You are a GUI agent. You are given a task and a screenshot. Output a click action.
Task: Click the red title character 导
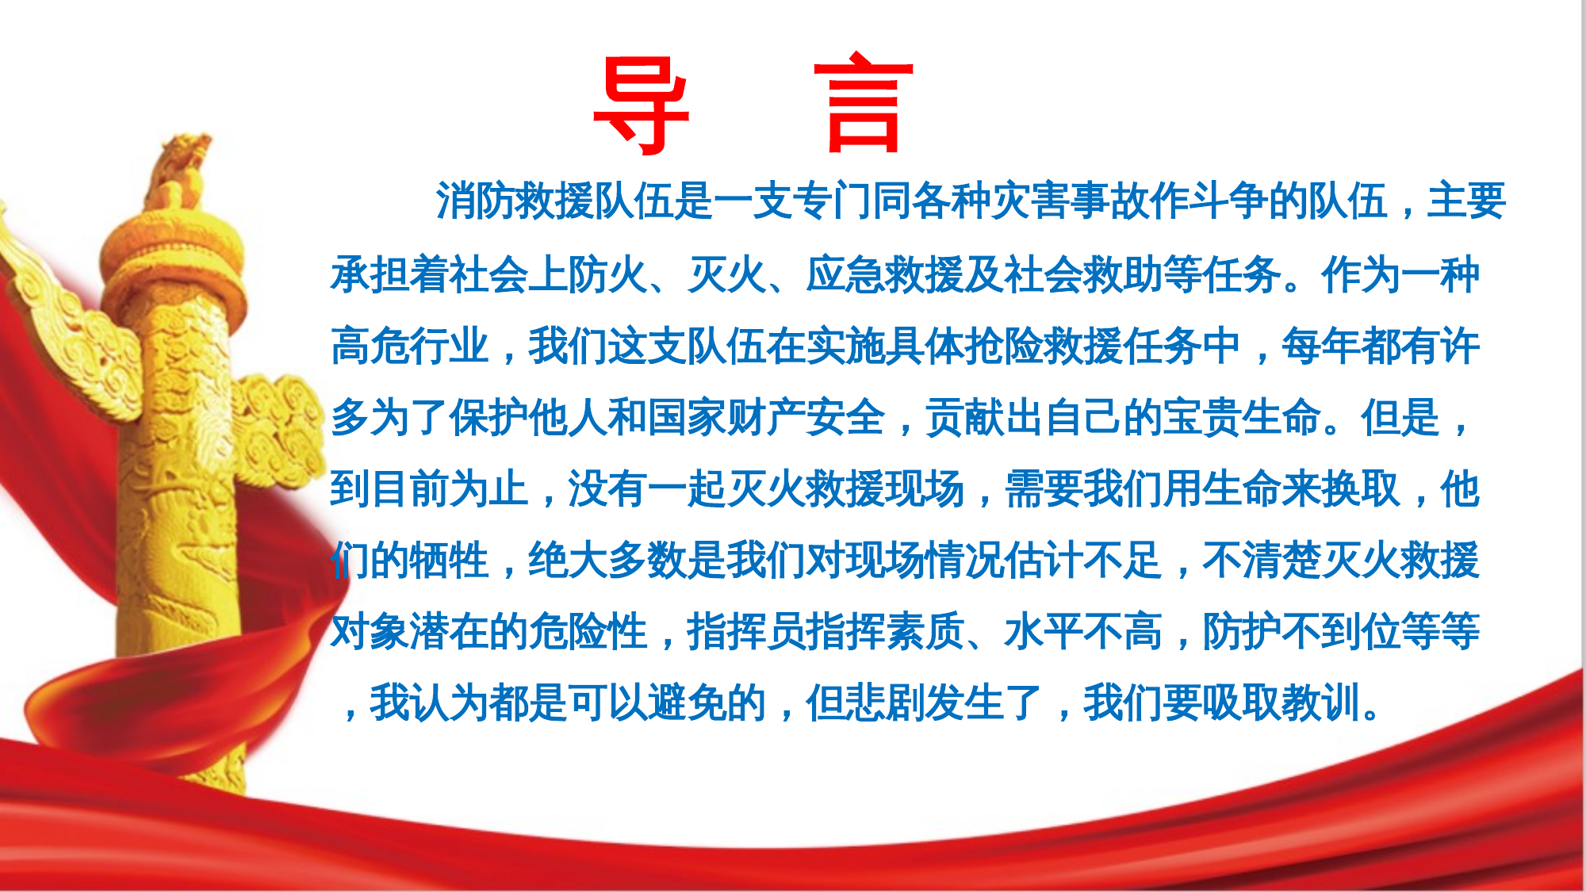tap(641, 105)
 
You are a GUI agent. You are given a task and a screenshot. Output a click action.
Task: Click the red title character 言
tap(864, 103)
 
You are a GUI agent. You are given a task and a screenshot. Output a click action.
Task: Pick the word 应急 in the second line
tap(845, 275)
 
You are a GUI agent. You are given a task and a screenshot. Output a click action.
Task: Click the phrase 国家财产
tap(726, 418)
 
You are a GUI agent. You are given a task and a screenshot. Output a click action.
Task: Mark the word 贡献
tap(964, 418)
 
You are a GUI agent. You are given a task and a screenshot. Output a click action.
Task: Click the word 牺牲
tap(449, 560)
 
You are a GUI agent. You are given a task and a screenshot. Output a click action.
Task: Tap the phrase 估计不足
tap(1083, 560)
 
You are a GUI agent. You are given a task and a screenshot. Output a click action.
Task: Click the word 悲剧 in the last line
tap(885, 703)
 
